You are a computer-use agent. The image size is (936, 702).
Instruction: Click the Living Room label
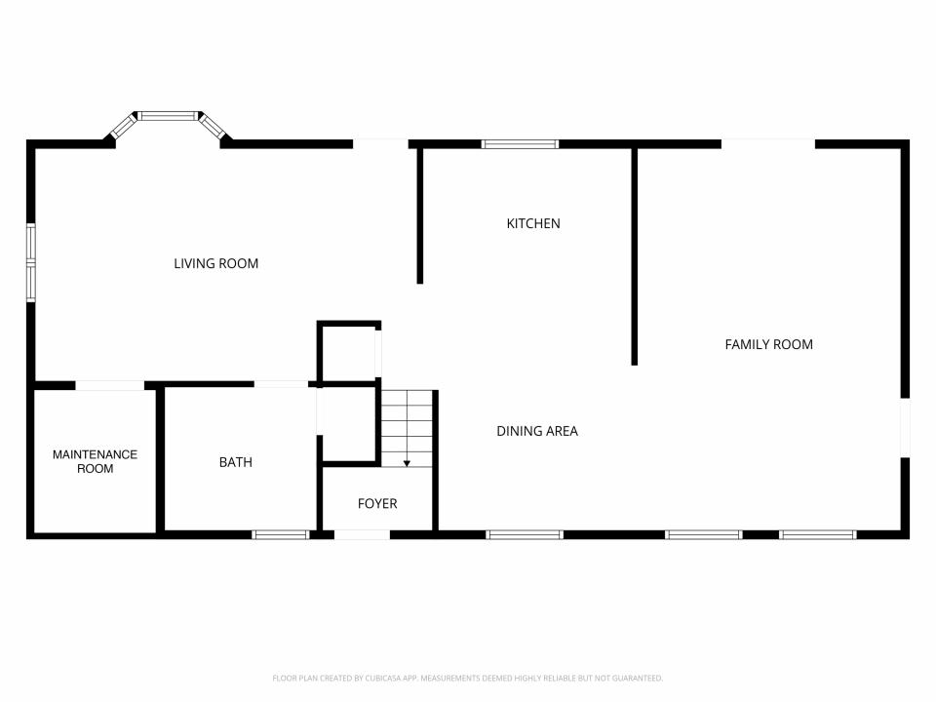click(216, 263)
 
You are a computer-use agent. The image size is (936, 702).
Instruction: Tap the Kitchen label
click(533, 223)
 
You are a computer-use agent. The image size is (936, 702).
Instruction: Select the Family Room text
click(769, 344)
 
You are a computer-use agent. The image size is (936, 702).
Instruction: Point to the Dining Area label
click(537, 431)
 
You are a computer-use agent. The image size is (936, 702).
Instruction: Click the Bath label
click(236, 462)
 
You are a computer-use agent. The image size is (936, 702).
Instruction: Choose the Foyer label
click(377, 503)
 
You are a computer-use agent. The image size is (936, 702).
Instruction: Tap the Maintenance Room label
click(95, 461)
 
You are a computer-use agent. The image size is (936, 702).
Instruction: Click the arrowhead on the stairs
click(407, 463)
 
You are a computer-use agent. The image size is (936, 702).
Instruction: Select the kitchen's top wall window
click(520, 144)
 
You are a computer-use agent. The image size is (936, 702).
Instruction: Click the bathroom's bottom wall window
click(281, 535)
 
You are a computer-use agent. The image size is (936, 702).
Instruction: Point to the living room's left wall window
click(31, 262)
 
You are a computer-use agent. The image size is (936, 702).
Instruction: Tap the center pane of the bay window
click(169, 116)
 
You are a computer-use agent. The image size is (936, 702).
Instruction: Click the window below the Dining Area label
click(525, 535)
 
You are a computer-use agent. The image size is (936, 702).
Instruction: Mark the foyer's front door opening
click(363, 535)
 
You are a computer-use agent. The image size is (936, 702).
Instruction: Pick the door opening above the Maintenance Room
click(110, 386)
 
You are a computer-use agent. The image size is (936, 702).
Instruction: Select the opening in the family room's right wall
click(905, 428)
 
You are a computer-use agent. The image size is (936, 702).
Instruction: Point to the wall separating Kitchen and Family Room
click(635, 256)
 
